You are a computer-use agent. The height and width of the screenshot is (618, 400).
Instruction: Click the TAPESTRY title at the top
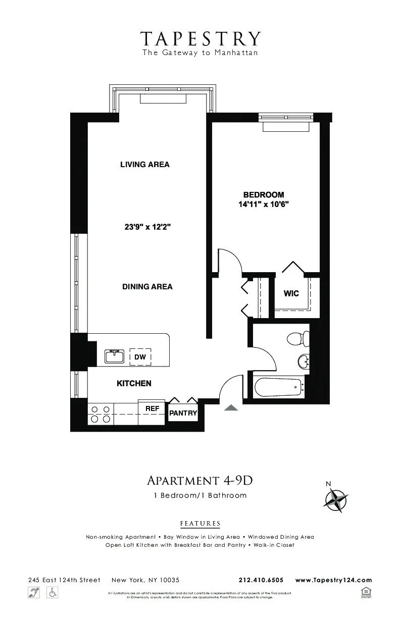201,39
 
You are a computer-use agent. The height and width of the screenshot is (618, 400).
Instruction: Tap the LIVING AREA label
144,165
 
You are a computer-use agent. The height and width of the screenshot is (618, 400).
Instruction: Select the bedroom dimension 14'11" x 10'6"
263,204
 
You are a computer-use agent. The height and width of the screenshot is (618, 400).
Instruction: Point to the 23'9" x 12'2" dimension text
147,227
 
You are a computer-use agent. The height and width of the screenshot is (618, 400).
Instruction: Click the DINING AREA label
147,287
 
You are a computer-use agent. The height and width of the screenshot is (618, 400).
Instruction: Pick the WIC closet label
291,293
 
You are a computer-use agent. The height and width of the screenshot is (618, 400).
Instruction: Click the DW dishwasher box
141,357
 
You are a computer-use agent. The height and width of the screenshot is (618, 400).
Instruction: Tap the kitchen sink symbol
115,356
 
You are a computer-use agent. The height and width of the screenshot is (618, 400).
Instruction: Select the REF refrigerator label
152,408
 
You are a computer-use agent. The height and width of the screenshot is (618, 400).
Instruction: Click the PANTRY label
183,413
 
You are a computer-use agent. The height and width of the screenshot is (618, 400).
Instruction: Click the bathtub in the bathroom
278,388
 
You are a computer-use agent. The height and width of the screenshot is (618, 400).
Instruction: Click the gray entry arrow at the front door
231,408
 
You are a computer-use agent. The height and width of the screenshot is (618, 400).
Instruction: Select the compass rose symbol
335,500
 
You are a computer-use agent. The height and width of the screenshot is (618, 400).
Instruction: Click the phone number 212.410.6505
261,580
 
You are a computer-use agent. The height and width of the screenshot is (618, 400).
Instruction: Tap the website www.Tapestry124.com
333,580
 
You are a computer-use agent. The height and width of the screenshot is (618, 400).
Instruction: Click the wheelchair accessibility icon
53,593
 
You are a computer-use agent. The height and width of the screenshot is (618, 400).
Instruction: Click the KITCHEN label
134,384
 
